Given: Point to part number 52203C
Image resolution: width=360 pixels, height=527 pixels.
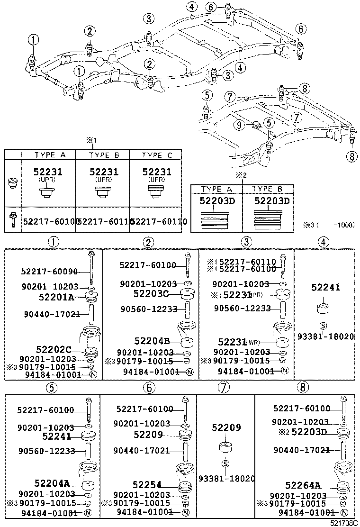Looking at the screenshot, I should tap(151, 294).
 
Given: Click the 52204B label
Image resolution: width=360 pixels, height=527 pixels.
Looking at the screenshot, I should tap(152, 341).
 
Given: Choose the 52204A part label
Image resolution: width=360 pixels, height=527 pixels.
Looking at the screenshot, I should tap(52, 483).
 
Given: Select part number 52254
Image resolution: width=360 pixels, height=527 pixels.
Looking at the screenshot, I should tap(147, 485).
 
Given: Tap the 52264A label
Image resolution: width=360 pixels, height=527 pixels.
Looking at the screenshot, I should tap(303, 485).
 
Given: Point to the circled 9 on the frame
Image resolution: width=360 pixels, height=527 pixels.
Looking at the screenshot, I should tap(239, 125).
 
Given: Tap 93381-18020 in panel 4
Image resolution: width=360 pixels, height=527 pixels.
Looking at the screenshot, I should tap(325, 336).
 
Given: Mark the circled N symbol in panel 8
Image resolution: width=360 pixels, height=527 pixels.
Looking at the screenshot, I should tap(344, 513).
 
